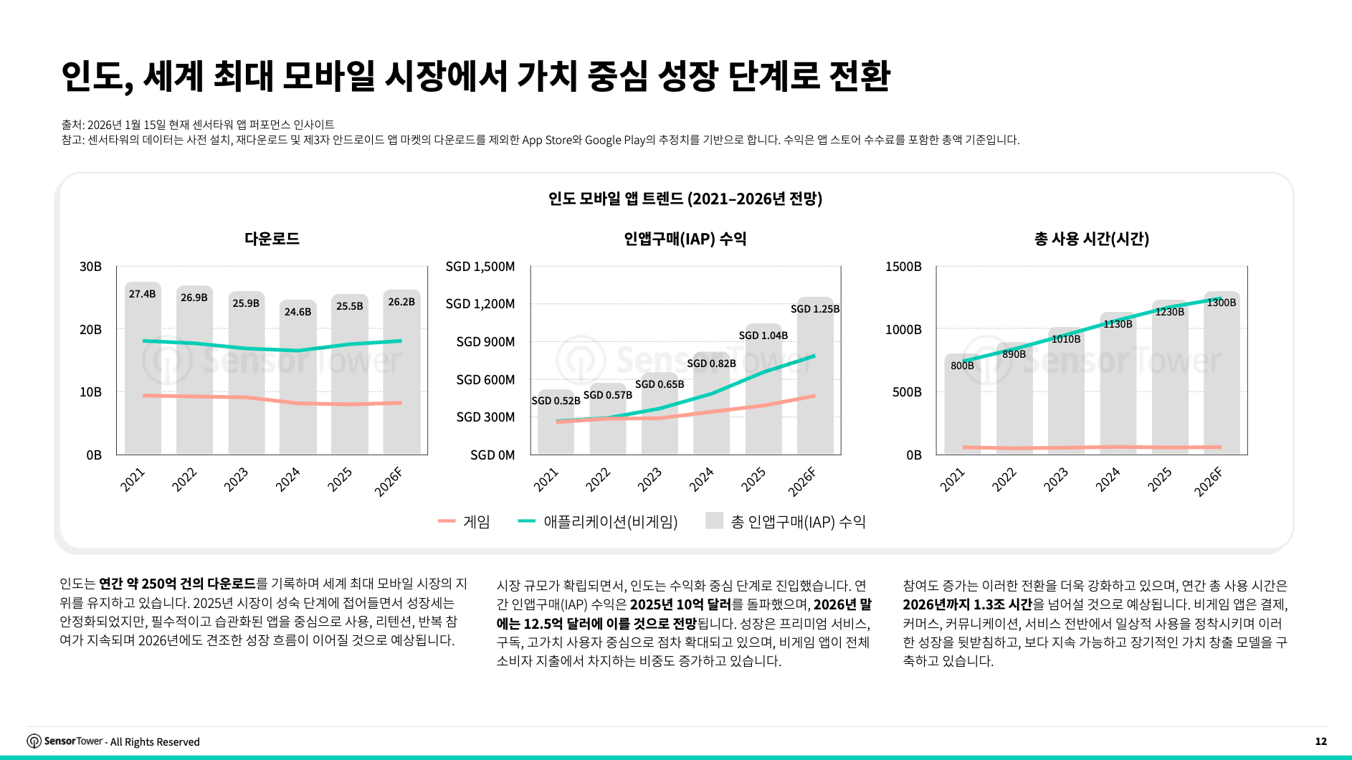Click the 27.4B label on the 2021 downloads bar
[x=142, y=294]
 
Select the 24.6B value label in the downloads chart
[x=297, y=312]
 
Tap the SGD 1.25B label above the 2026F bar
[x=814, y=309]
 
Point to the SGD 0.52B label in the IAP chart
[x=556, y=401]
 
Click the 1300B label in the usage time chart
[x=1221, y=303]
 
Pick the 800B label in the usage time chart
[x=962, y=366]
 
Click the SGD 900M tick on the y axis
[x=485, y=342]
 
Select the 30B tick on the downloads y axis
[x=90, y=267]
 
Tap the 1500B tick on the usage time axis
[x=903, y=267]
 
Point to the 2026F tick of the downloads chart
[x=389, y=481]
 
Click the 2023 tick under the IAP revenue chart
[x=649, y=480]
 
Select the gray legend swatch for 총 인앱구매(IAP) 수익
[x=714, y=521]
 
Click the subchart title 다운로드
[x=272, y=239]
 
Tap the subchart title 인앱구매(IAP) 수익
[x=685, y=239]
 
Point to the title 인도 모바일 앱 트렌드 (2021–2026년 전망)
[x=685, y=199]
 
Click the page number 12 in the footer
[x=1320, y=741]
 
